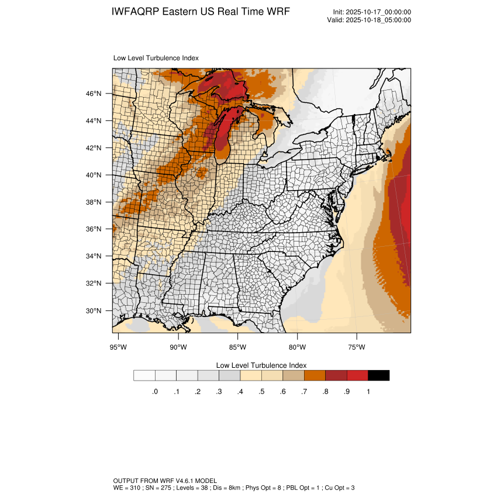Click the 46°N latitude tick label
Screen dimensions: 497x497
[x=94, y=94]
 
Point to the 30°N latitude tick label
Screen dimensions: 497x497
[x=94, y=310]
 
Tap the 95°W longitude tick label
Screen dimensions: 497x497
[x=119, y=347]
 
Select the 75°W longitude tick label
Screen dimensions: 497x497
[x=357, y=347]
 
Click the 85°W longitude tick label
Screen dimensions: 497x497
[x=238, y=347]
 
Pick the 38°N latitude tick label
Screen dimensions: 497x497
[x=94, y=202]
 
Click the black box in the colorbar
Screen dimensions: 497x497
[x=378, y=375]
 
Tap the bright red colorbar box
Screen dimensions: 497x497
[x=357, y=375]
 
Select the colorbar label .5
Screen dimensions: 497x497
[x=261, y=392]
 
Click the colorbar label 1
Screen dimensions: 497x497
[x=368, y=392]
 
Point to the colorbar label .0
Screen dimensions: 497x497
[x=155, y=392]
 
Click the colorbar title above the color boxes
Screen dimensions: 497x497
[x=261, y=365]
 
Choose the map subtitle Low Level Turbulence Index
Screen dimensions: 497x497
[x=156, y=58]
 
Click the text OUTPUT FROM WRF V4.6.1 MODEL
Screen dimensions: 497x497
[x=165, y=480]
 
